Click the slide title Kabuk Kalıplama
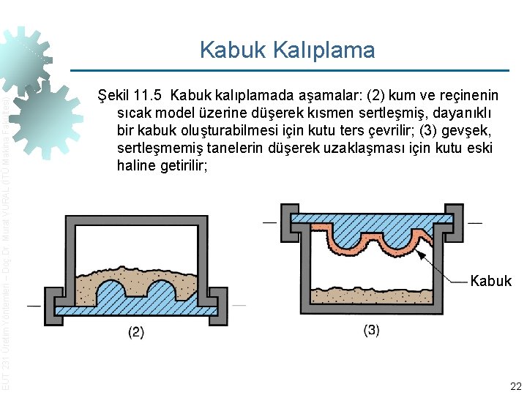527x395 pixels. [287, 50]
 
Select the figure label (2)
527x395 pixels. [136, 332]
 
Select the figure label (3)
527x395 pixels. [371, 330]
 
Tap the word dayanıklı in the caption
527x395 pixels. [457, 113]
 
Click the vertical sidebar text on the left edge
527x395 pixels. [6, 241]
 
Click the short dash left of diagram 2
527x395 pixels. [33, 304]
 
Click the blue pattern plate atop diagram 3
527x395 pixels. [377, 218]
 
